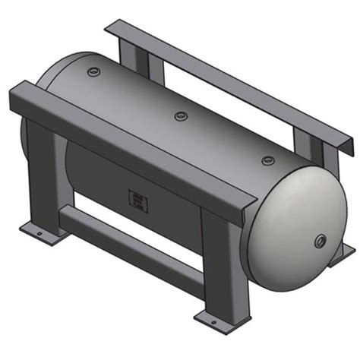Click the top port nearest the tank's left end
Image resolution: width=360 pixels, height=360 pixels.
click(94, 73)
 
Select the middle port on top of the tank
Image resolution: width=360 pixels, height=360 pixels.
click(181, 115)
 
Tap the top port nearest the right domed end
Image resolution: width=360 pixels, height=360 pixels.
click(267, 160)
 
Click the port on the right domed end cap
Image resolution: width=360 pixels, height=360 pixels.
click(320, 242)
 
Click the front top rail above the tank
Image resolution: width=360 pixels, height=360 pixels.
click(137, 144)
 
